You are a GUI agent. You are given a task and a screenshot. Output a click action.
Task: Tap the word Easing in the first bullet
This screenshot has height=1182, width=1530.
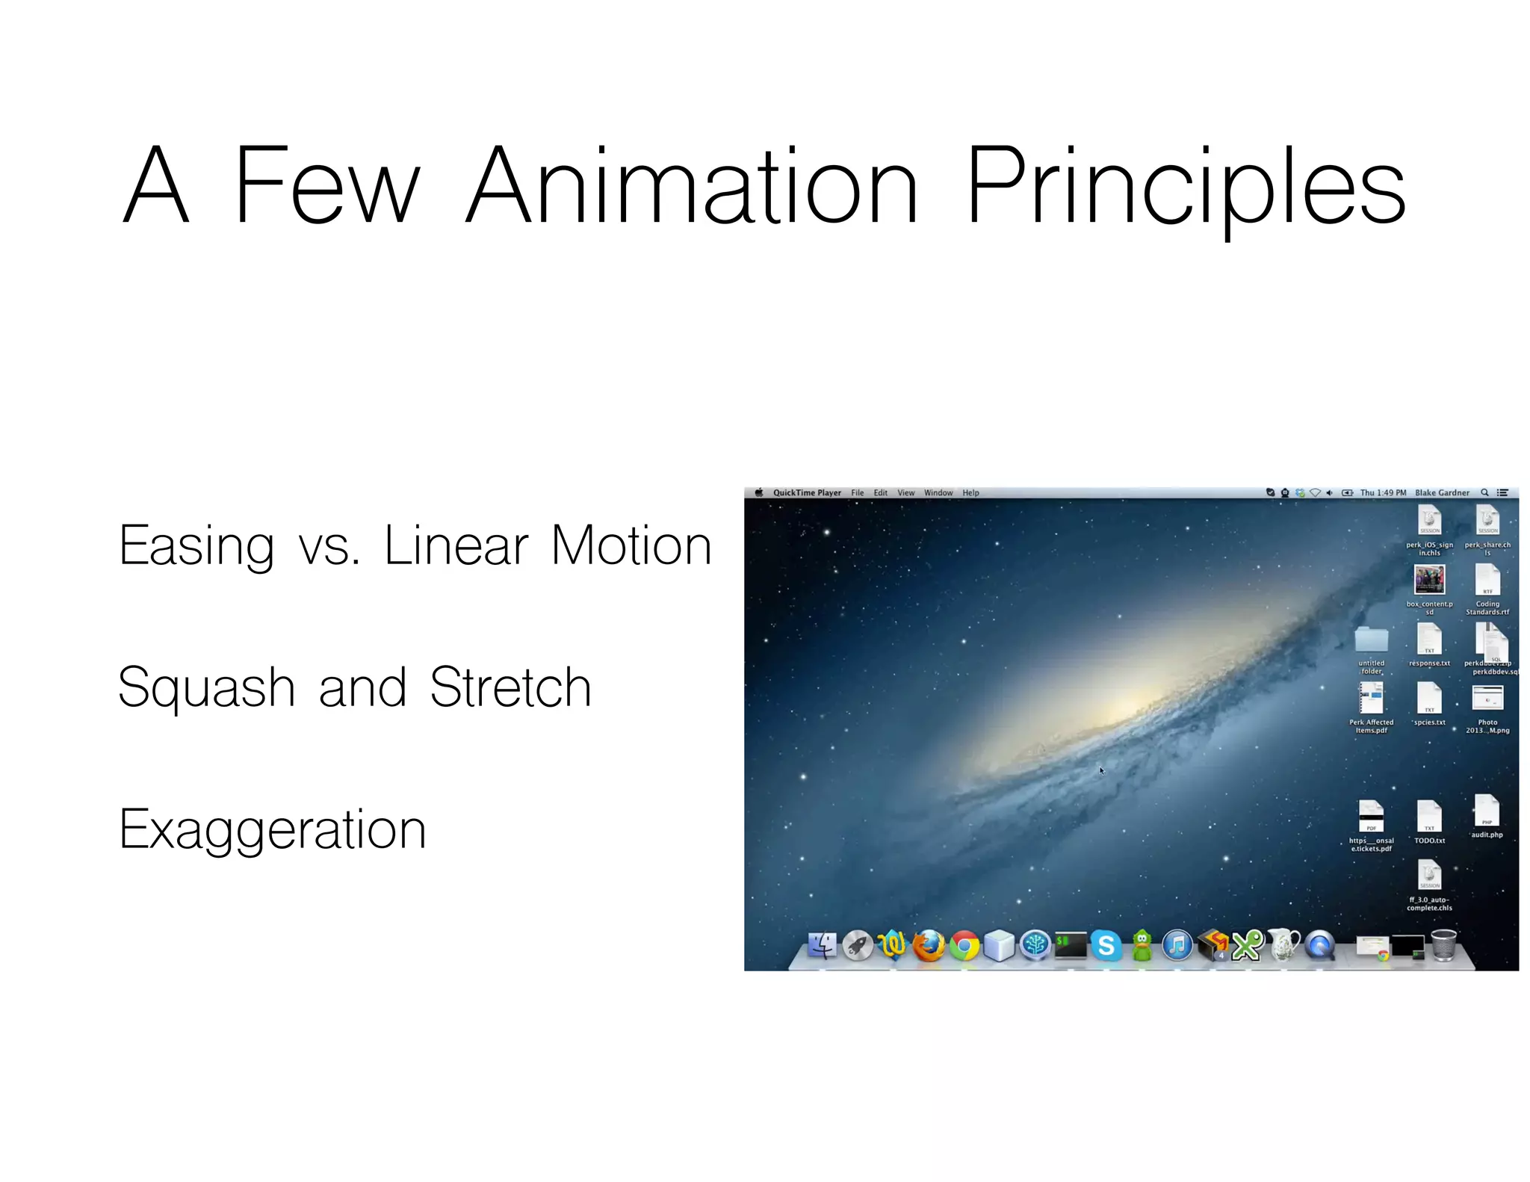pyautogui.click(x=196, y=547)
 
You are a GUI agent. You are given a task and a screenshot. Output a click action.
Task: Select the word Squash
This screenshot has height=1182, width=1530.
pyautogui.click(x=206, y=688)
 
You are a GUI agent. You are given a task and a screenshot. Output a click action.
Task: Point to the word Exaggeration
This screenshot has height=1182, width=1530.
pyautogui.click(x=272, y=830)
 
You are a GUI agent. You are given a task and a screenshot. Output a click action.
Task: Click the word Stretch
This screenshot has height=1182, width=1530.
pyautogui.click(x=510, y=687)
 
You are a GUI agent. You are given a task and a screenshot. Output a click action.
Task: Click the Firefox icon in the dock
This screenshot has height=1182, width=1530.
pyautogui.click(x=929, y=946)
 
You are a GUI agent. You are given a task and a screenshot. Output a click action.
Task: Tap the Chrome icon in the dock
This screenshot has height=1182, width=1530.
pyautogui.click(x=964, y=947)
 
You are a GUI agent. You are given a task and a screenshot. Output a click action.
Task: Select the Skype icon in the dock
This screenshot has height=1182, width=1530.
pyautogui.click(x=1106, y=946)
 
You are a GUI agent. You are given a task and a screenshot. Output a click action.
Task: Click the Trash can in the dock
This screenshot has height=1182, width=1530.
pyautogui.click(x=1443, y=945)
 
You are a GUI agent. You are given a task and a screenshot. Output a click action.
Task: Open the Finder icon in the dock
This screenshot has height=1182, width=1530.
pyautogui.click(x=823, y=946)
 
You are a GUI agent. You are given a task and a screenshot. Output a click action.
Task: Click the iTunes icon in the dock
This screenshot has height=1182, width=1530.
pyautogui.click(x=1177, y=946)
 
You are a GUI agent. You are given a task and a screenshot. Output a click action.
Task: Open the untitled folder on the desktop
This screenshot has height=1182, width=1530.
pyautogui.click(x=1371, y=640)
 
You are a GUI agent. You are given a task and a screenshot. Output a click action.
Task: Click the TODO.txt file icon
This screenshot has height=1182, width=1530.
pyautogui.click(x=1428, y=816)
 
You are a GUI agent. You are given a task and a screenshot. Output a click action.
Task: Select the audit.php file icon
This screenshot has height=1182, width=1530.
pyautogui.click(x=1486, y=811)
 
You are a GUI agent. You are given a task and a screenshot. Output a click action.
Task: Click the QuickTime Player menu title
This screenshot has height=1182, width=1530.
pyautogui.click(x=806, y=493)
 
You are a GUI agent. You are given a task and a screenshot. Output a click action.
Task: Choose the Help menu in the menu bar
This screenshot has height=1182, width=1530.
pyautogui.click(x=970, y=493)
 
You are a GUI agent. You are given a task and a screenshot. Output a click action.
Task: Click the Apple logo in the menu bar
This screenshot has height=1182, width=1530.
pyautogui.click(x=759, y=493)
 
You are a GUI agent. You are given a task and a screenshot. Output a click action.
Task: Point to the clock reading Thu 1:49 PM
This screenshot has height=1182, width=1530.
pyautogui.click(x=1382, y=493)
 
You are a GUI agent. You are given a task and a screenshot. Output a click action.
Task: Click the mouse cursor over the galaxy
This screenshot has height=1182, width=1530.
pyautogui.click(x=1101, y=770)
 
